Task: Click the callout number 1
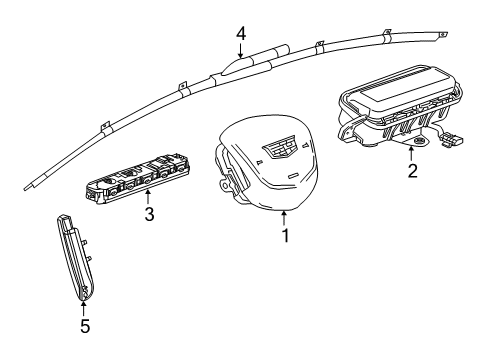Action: coord(285,237)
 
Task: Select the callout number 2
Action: coord(411,171)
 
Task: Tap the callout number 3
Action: coord(148,214)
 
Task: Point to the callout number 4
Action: coord(240,33)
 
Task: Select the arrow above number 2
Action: coord(411,152)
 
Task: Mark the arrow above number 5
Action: coord(83,303)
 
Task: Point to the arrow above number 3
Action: coord(148,196)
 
